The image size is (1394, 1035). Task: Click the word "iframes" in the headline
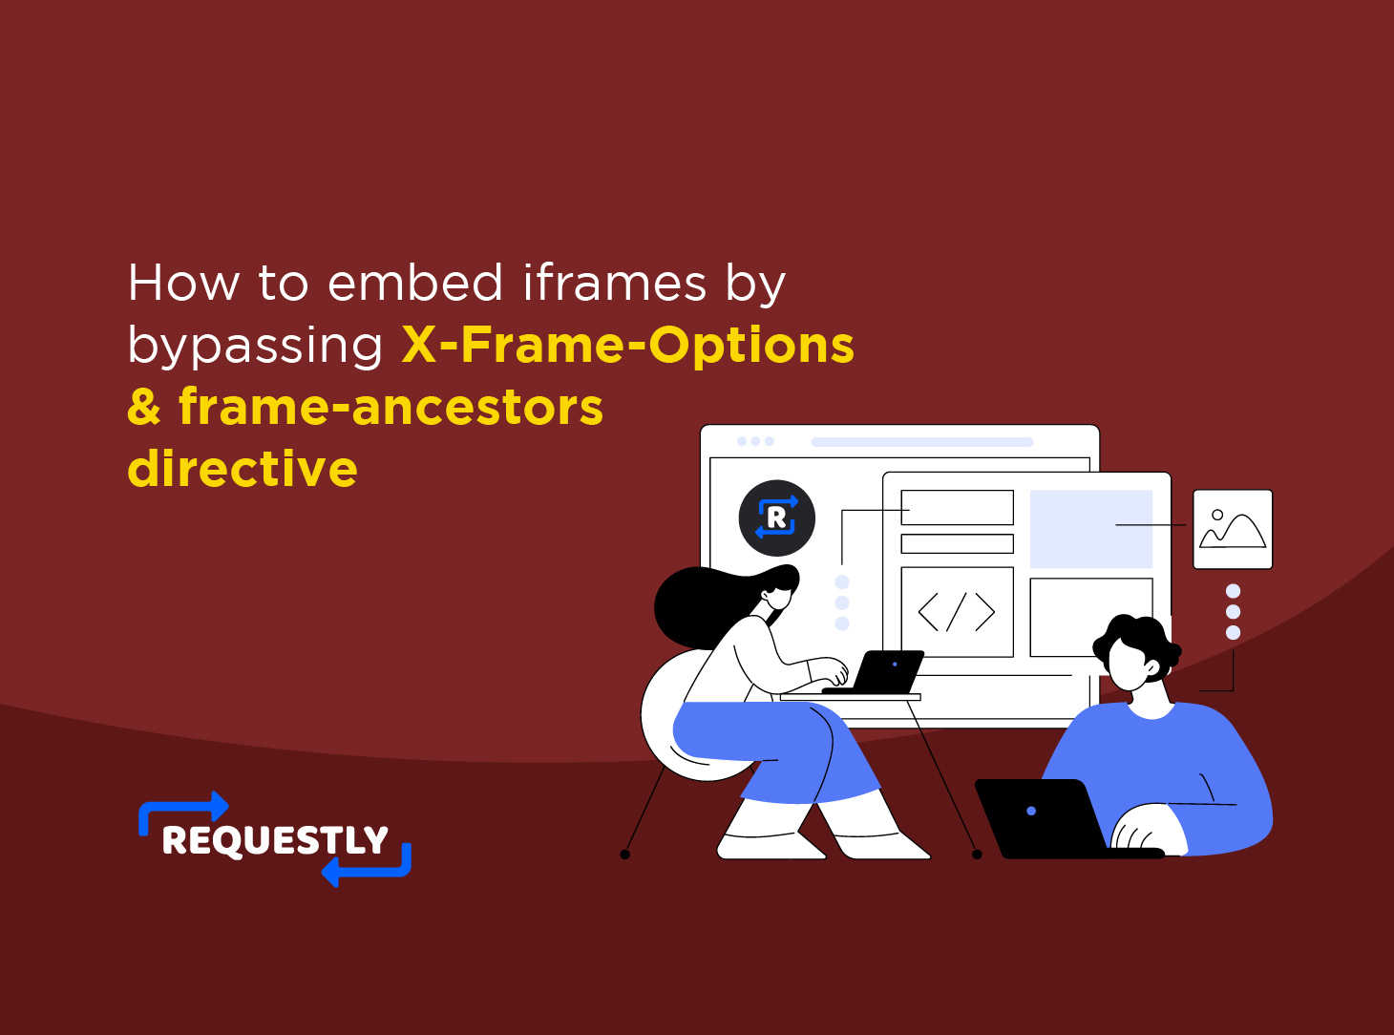615,283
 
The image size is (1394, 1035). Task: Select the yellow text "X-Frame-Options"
627,345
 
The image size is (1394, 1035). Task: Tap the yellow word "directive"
243,469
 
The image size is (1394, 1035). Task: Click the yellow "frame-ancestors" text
391,407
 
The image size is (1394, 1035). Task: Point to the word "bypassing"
255,346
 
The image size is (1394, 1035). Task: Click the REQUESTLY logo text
275,840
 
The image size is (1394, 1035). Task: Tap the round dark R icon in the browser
776,518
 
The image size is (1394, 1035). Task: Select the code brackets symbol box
957,612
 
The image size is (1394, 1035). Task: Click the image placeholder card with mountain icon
1232,529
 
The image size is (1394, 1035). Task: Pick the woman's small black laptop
886,672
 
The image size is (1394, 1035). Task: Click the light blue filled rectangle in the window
1090,529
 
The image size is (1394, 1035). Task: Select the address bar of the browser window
921,442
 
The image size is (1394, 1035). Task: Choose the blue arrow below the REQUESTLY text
368,867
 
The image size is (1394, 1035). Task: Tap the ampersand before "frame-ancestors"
144,408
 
